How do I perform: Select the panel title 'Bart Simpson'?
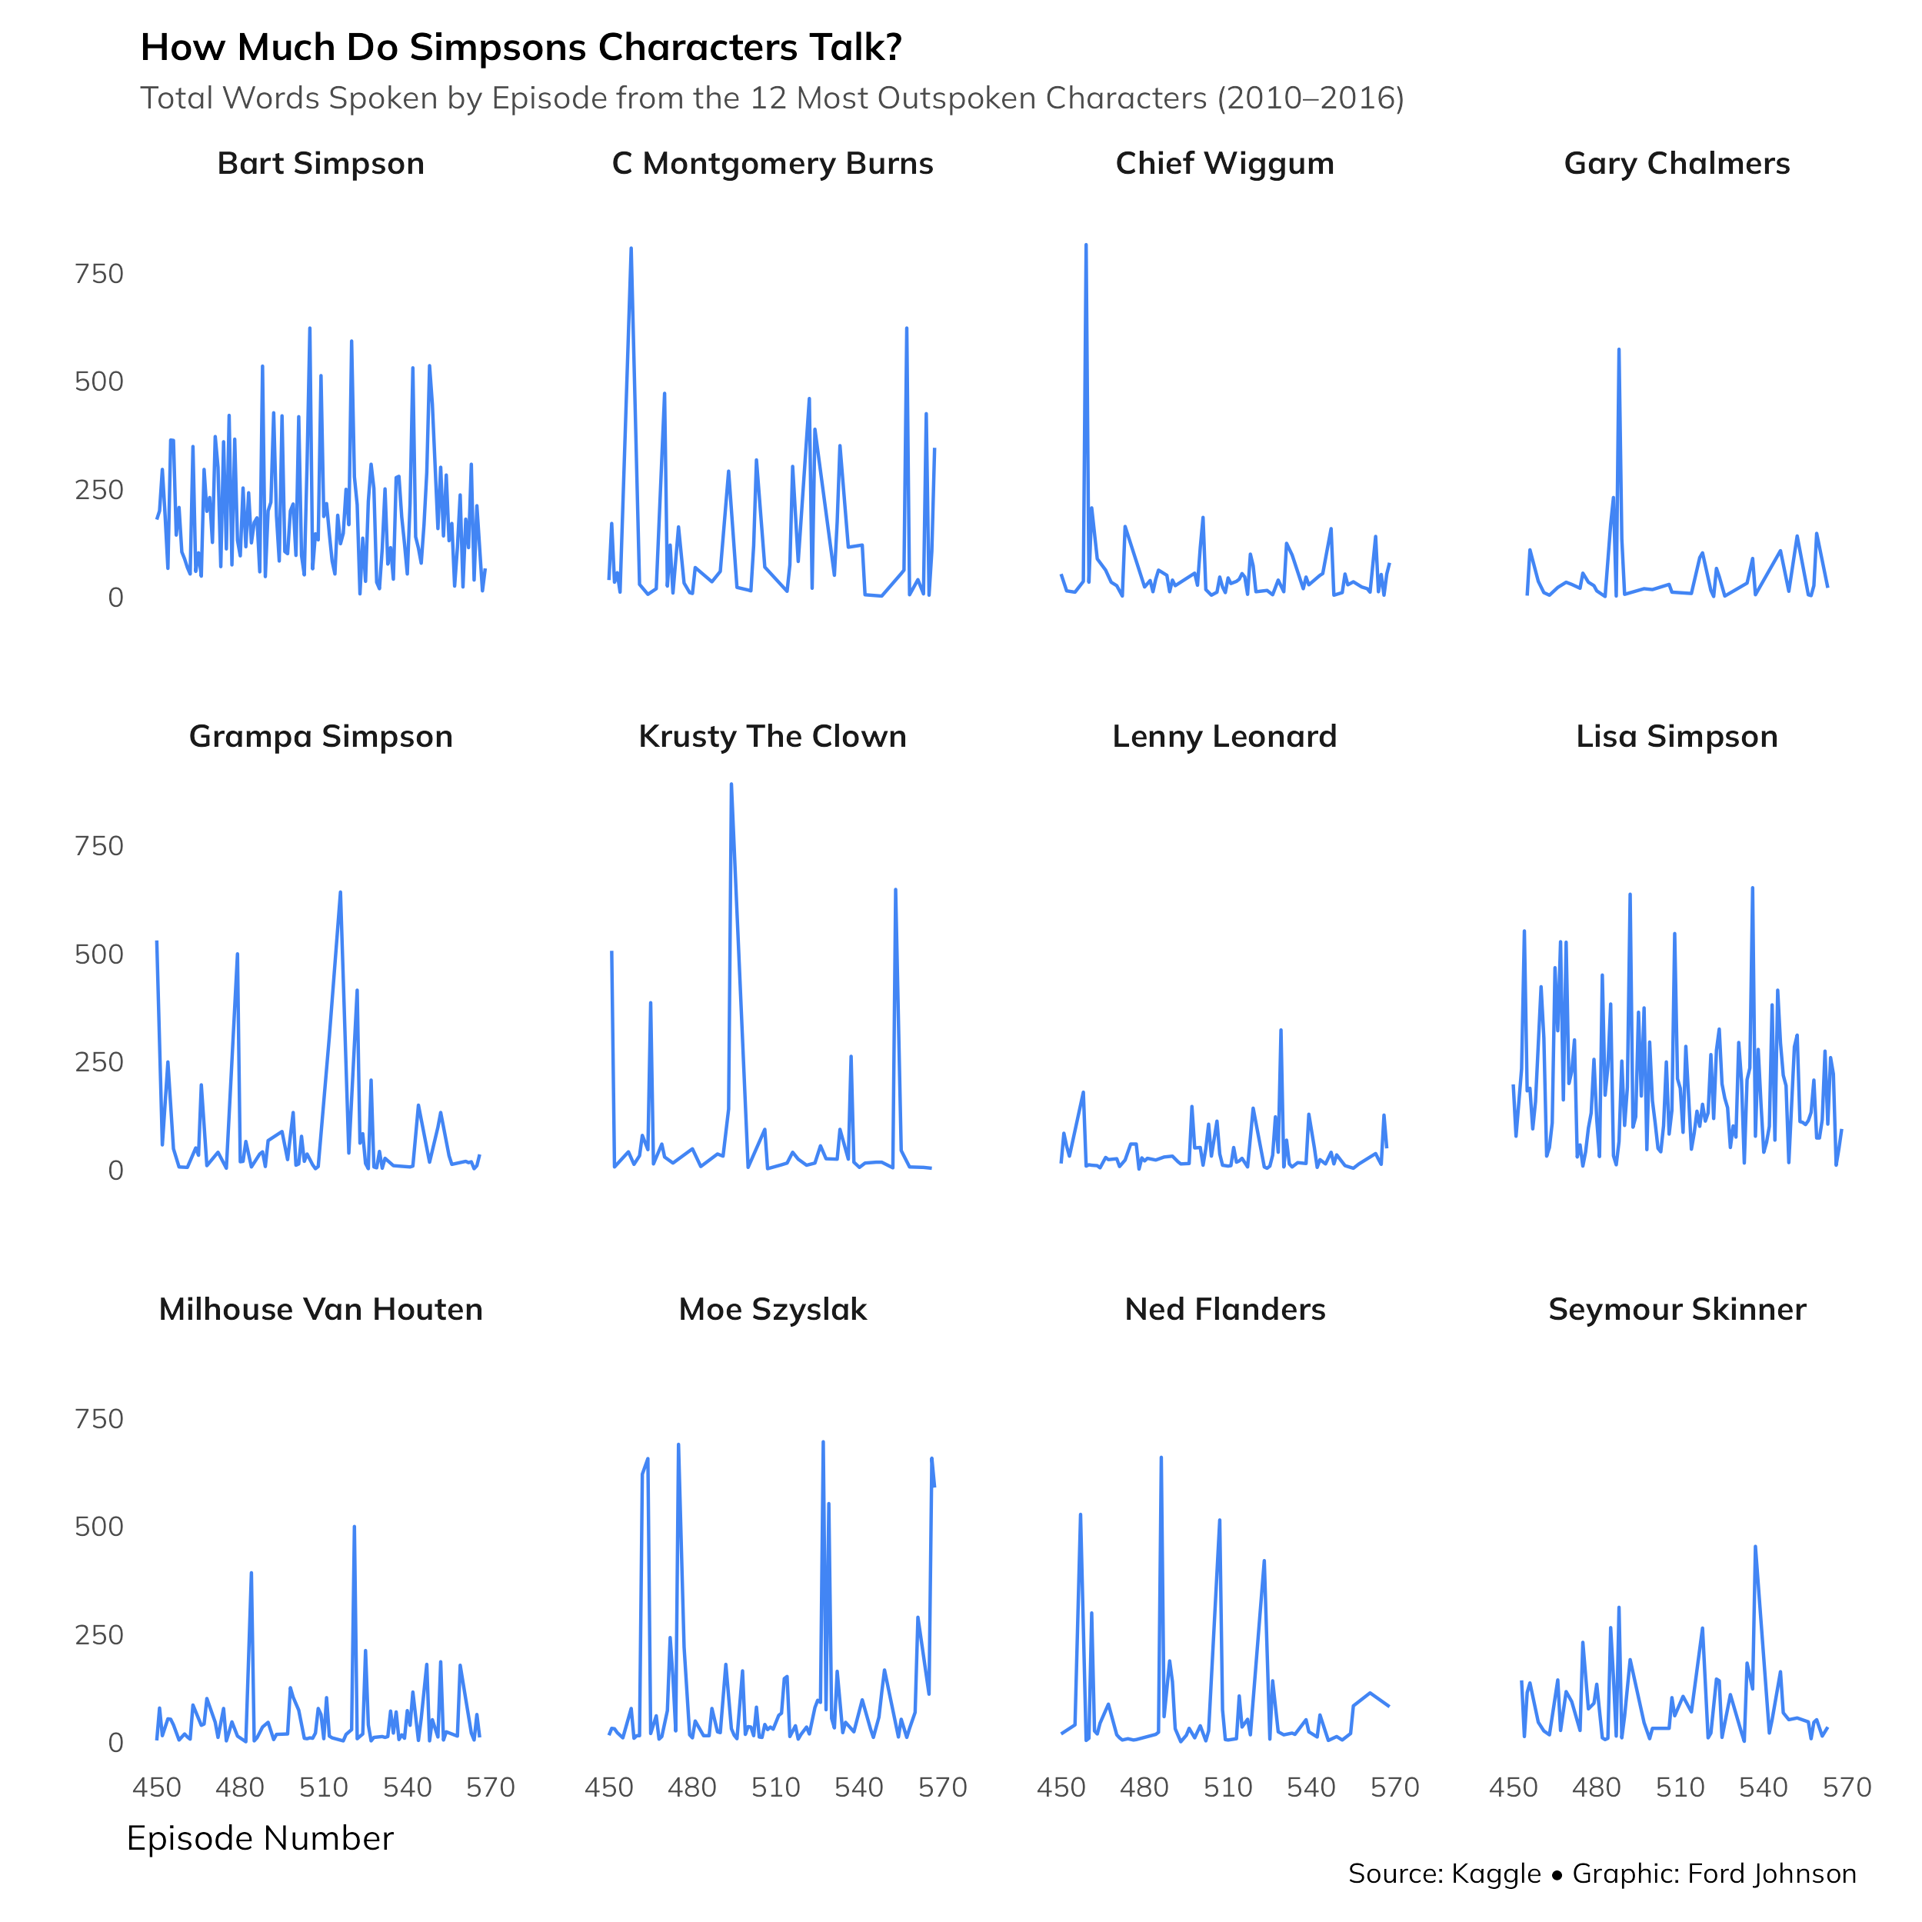click(320, 163)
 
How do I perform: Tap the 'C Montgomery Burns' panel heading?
click(772, 163)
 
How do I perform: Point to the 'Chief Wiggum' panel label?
click(1224, 163)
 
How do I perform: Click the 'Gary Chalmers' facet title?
click(1677, 163)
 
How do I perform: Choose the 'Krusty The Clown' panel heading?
click(772, 736)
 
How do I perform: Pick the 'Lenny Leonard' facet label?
click(1224, 736)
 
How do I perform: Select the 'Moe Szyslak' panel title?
click(772, 1309)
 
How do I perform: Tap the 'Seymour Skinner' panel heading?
click(1677, 1309)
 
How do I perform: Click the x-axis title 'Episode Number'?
click(260, 1838)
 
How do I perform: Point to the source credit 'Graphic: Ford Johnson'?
click(1714, 1874)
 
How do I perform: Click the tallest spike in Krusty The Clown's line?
click(731, 785)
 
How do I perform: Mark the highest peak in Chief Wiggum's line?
click(1085, 245)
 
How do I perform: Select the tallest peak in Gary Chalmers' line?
click(1618, 350)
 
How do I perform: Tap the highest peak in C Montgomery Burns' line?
click(631, 248)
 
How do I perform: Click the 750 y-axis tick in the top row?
click(98, 274)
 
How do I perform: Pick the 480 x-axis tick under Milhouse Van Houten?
click(240, 1787)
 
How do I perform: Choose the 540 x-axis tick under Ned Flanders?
click(1311, 1787)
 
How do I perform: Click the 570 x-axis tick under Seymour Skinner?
click(1847, 1787)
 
